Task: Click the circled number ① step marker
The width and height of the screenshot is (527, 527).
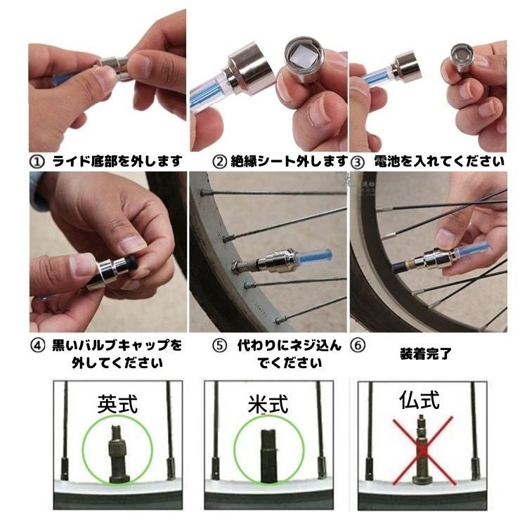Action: [x=37, y=162]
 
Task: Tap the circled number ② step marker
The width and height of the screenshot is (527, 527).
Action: [x=220, y=162]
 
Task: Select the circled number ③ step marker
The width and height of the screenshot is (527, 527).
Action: [x=358, y=163]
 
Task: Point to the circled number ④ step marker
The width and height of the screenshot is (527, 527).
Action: [x=38, y=346]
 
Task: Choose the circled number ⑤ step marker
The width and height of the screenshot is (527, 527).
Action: [x=220, y=346]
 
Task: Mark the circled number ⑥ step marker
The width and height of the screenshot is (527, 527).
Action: [x=358, y=346]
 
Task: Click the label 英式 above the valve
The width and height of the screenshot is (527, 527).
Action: [x=117, y=404]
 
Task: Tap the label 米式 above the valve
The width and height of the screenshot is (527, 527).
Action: [x=268, y=404]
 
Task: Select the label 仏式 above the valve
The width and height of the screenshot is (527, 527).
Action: [x=419, y=400]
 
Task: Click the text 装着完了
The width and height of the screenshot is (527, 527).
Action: [x=426, y=353]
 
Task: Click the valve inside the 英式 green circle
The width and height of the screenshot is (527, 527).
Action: [x=117, y=454]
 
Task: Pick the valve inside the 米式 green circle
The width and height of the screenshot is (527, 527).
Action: [x=268, y=455]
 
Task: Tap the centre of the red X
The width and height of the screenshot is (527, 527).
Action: [x=423, y=450]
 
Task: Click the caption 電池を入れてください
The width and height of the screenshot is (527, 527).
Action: [x=439, y=162]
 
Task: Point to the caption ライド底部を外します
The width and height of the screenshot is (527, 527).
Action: [x=117, y=162]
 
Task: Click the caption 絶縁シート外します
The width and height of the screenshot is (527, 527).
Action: [x=289, y=162]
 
